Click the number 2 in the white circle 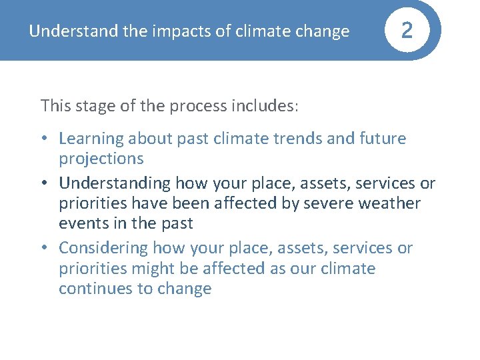point(407,31)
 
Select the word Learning point(91,139)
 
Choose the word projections point(101,159)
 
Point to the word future point(383,139)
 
